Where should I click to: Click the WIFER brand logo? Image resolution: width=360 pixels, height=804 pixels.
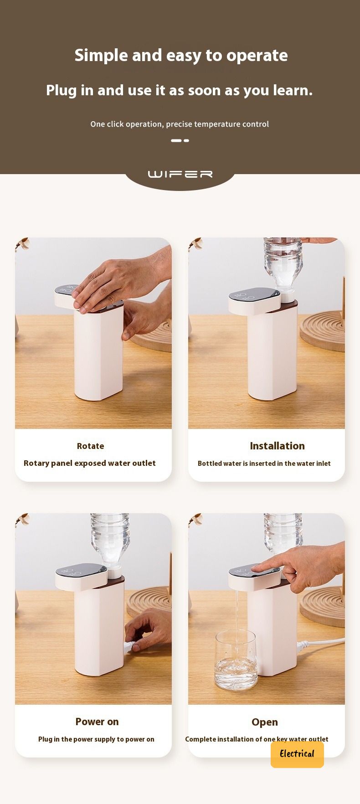(x=180, y=174)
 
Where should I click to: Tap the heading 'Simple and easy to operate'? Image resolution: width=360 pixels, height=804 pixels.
(x=181, y=56)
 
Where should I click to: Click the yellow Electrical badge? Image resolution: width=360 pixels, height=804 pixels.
(x=297, y=754)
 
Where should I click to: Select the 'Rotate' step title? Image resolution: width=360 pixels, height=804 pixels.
(x=90, y=446)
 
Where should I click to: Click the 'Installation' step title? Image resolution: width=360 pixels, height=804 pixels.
(x=277, y=446)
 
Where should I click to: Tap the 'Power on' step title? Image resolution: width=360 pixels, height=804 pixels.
(x=97, y=722)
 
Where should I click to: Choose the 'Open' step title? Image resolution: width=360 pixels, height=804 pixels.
(x=264, y=722)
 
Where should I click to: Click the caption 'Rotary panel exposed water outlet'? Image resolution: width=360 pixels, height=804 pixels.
(x=90, y=463)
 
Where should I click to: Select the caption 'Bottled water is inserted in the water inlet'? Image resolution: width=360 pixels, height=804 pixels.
(x=264, y=464)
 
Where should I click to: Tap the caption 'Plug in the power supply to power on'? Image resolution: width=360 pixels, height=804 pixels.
(x=96, y=739)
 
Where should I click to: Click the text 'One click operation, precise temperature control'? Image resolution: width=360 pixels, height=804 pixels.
(x=180, y=124)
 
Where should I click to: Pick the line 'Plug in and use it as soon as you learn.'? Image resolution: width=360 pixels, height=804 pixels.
(x=180, y=90)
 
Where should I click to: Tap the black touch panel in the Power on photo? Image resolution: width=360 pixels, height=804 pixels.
(x=82, y=570)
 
